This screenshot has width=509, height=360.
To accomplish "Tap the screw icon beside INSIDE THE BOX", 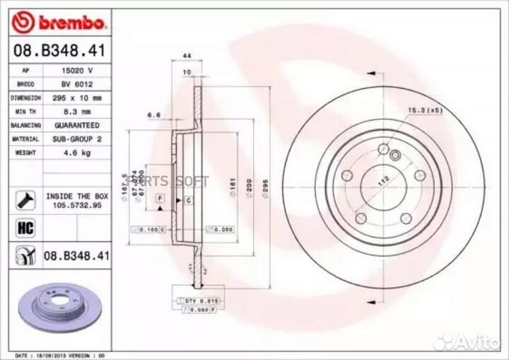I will click(x=21, y=200).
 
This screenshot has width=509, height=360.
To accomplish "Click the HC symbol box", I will click(x=21, y=228).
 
